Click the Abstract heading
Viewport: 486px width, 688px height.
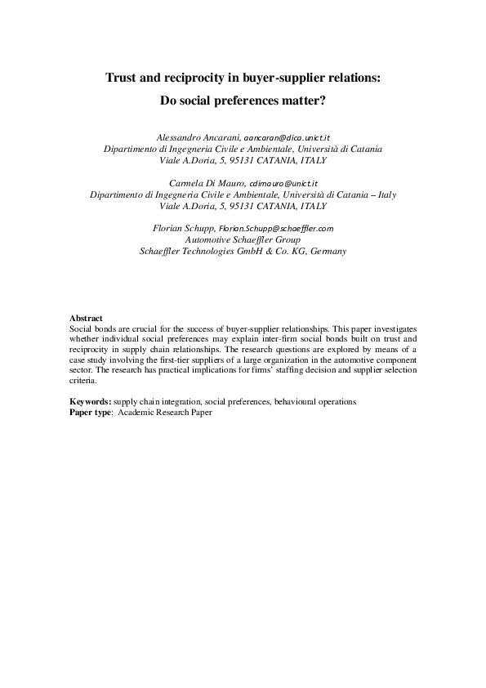click(x=86, y=317)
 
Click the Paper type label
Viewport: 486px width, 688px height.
click(x=91, y=413)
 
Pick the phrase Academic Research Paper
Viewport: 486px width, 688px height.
click(x=165, y=413)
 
